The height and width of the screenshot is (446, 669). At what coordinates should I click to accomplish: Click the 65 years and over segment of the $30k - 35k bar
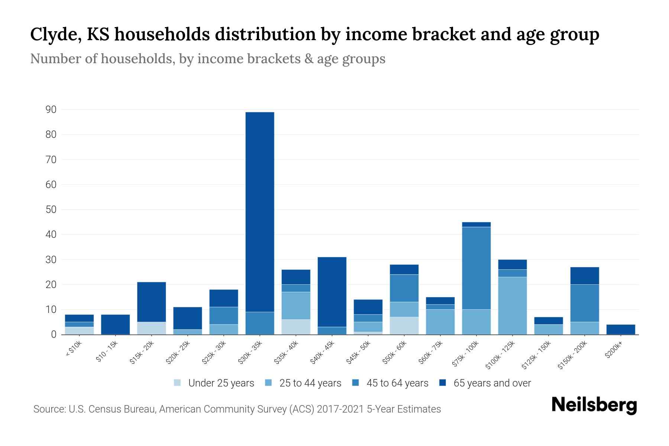pyautogui.click(x=260, y=212)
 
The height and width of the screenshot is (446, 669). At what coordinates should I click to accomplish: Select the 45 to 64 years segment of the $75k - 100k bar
pyautogui.click(x=476, y=268)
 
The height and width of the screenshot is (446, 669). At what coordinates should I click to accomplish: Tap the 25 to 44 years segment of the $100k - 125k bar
pyautogui.click(x=512, y=306)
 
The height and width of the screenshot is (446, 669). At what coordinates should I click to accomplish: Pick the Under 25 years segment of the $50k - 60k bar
pyautogui.click(x=404, y=326)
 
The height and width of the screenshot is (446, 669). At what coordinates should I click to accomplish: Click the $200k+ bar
pyautogui.click(x=620, y=330)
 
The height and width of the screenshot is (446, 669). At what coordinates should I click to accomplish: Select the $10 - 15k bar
pyautogui.click(x=115, y=324)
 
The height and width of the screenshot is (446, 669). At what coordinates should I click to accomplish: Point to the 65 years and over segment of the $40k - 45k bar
pyautogui.click(x=332, y=292)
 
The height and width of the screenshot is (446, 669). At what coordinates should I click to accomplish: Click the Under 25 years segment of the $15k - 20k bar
pyautogui.click(x=151, y=328)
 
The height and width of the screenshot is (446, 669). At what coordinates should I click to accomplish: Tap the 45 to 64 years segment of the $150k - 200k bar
pyautogui.click(x=584, y=303)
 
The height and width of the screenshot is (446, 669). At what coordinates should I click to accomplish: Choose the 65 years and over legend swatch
pyautogui.click(x=443, y=383)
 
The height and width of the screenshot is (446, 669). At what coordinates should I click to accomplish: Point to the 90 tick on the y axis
pyautogui.click(x=51, y=110)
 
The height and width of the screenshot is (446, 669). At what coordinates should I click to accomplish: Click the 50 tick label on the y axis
pyautogui.click(x=51, y=210)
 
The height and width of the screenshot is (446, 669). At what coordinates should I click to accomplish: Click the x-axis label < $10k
pyautogui.click(x=74, y=349)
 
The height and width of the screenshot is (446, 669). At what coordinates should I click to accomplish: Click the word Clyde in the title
pyautogui.click(x=55, y=35)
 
